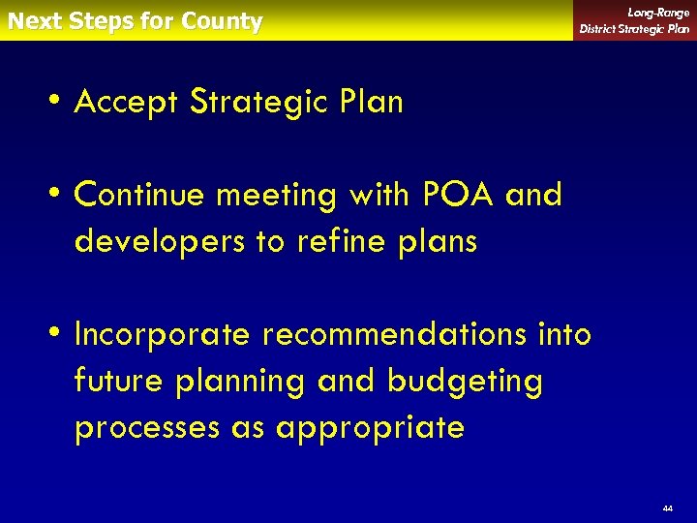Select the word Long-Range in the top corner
pyautogui.click(x=658, y=13)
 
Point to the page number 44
pyautogui.click(x=667, y=508)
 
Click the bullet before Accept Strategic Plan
pyautogui.click(x=59, y=101)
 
